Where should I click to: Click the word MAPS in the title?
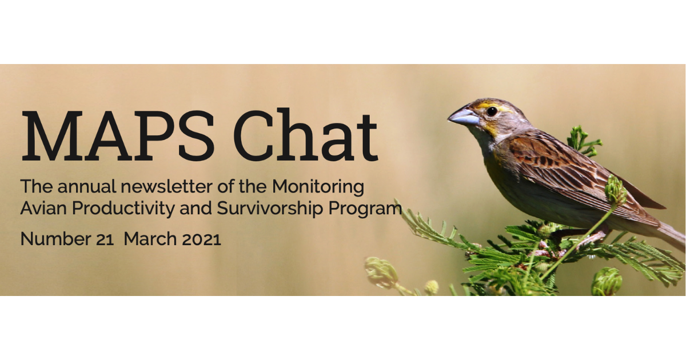point(118,136)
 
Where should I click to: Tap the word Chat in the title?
point(306,135)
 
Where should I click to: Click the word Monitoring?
point(318,187)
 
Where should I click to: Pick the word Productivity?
point(123,209)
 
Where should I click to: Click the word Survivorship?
point(270,209)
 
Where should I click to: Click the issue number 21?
point(105,239)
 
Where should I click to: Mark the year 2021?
point(201,239)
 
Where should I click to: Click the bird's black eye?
point(492,111)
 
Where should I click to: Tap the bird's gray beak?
point(464,117)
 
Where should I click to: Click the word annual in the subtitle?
point(87,186)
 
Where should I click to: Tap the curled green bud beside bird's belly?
point(616,190)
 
